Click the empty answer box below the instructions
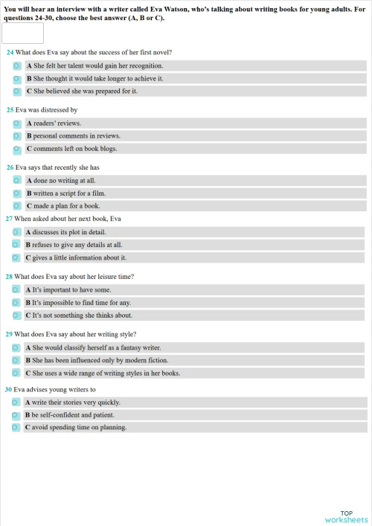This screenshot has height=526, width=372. click(23, 33)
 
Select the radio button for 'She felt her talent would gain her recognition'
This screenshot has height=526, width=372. click(16, 65)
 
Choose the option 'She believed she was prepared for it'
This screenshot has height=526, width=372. click(16, 92)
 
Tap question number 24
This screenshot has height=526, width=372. click(10, 52)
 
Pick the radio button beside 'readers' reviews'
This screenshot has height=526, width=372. click(16, 123)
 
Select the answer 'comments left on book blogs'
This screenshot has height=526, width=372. click(16, 149)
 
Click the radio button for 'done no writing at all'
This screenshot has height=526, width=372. click(16, 180)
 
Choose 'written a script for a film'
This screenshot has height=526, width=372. click(16, 193)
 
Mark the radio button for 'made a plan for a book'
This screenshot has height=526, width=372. click(16, 206)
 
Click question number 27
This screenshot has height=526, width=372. click(9, 219)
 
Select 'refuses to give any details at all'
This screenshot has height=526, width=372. click(16, 244)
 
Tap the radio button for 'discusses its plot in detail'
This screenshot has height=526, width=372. click(16, 231)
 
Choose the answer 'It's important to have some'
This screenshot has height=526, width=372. click(16, 289)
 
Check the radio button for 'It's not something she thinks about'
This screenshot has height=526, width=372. click(16, 315)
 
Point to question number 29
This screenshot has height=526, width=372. click(10, 334)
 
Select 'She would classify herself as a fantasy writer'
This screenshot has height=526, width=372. click(16, 347)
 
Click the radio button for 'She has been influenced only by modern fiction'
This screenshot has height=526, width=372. click(16, 360)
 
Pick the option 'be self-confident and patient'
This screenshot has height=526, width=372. click(16, 415)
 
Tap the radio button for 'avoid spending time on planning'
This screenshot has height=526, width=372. click(16, 428)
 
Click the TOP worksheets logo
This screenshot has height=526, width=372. click(346, 516)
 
